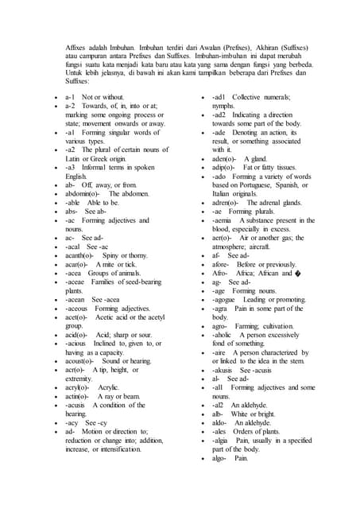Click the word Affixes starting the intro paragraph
point(76,48)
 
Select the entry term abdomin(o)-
point(83,171)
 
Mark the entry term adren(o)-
point(229,202)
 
